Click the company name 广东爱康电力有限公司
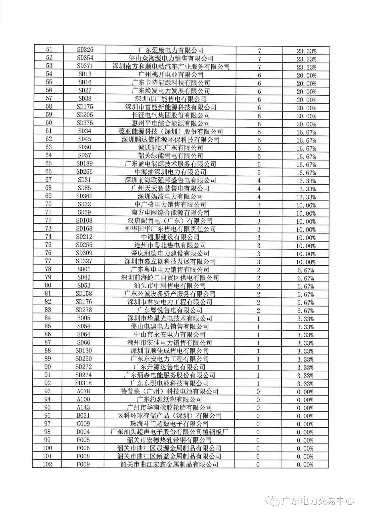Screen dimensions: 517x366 tap(171, 50)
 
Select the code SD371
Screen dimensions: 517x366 tap(85, 66)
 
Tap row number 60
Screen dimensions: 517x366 tap(49, 123)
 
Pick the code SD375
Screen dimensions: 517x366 tap(85, 123)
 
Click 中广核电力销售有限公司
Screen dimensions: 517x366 tap(170, 205)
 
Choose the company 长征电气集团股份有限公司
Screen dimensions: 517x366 tap(171, 115)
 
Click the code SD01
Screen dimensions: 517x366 tap(84, 269)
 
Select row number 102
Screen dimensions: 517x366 tap(47, 464)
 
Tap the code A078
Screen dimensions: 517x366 tap(83, 391)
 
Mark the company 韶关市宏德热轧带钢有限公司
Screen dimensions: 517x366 tap(169, 440)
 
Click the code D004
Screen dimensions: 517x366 tap(83, 432)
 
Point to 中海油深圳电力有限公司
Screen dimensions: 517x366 tap(170, 172)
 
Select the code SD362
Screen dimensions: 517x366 tap(84, 196)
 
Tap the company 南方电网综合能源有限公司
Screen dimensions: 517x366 tap(170, 213)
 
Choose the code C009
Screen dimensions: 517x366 tap(83, 424)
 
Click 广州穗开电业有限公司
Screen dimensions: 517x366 tap(171, 75)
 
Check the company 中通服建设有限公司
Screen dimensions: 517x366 tap(170, 237)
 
